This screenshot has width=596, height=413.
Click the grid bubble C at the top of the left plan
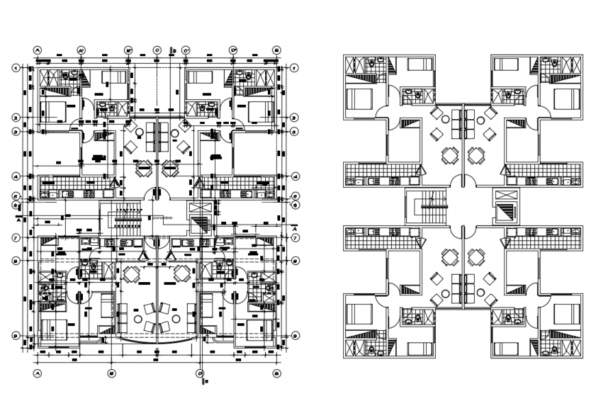(x=157, y=50)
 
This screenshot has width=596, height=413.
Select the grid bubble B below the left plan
(x=110, y=373)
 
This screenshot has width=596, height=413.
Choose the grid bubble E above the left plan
(x=277, y=50)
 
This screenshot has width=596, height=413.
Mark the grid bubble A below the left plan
(x=38, y=373)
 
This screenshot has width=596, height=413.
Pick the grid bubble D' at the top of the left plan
(x=233, y=50)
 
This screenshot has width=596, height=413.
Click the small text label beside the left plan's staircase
(x=163, y=218)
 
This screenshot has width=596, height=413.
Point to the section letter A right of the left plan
(x=294, y=228)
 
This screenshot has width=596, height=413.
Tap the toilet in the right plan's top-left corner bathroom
(x=371, y=63)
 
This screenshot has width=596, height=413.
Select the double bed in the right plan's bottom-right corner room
(x=564, y=314)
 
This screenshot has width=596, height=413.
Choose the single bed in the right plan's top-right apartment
(x=505, y=64)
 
